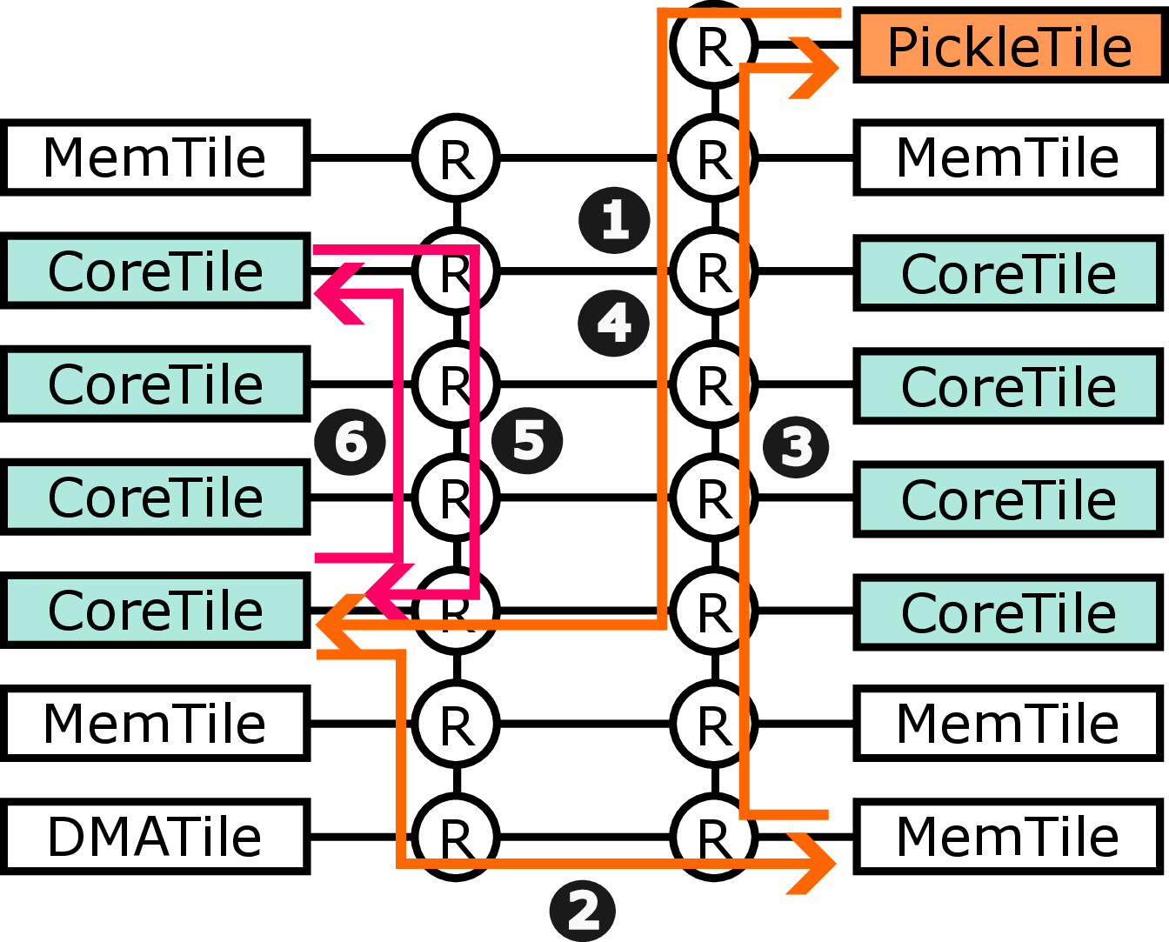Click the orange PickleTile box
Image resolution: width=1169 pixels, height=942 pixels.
(x=1009, y=46)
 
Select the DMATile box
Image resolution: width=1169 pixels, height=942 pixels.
(x=156, y=837)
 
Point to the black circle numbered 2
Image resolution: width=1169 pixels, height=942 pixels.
(x=583, y=911)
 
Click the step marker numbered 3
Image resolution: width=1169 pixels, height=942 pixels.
(x=796, y=447)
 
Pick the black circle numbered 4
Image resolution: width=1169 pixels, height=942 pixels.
(x=613, y=323)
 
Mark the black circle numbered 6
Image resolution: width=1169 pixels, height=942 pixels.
(x=350, y=441)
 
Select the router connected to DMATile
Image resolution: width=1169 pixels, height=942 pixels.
(x=455, y=837)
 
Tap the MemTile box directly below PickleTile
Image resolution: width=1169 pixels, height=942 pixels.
(x=1009, y=157)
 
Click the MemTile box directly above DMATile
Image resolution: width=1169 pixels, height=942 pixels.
(x=156, y=724)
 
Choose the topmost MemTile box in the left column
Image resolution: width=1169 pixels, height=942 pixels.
(x=156, y=157)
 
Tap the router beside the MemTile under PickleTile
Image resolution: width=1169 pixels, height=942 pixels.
(x=714, y=157)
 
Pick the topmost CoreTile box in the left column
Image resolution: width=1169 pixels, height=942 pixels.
(x=156, y=271)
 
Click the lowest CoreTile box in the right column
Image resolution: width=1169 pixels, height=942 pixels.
(x=1009, y=612)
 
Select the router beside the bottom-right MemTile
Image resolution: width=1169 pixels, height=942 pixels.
(x=714, y=837)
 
